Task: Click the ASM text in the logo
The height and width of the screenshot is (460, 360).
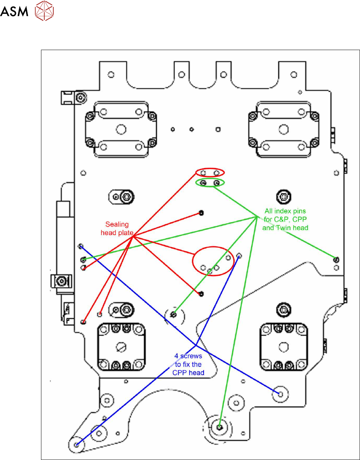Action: point(14,11)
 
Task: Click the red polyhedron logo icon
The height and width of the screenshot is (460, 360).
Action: point(44,11)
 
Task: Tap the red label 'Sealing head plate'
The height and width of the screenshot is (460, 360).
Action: point(117,229)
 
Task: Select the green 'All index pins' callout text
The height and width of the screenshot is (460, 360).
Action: point(285,219)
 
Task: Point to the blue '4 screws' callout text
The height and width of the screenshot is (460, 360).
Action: point(188,364)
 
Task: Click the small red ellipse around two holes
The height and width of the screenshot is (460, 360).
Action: point(210,169)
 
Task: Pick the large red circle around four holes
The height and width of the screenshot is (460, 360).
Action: point(213,247)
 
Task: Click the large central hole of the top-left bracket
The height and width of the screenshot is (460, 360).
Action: point(121,130)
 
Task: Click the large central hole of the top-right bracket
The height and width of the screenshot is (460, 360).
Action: point(283,130)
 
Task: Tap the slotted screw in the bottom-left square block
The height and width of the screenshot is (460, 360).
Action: point(121,347)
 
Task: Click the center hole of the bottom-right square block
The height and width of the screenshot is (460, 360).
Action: point(283,347)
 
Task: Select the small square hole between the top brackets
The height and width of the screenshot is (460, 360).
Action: point(218,130)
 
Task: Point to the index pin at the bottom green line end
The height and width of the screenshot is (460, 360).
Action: point(220,427)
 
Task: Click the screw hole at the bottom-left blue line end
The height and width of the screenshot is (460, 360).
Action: point(77,445)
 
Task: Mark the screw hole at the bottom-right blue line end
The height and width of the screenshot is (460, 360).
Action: point(281,394)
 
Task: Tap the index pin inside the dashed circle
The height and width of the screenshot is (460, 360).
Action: point(173,315)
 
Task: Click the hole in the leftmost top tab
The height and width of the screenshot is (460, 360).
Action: point(111,75)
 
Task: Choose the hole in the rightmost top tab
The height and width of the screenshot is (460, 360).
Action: point(294,75)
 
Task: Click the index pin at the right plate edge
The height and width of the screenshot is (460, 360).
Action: point(336,260)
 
